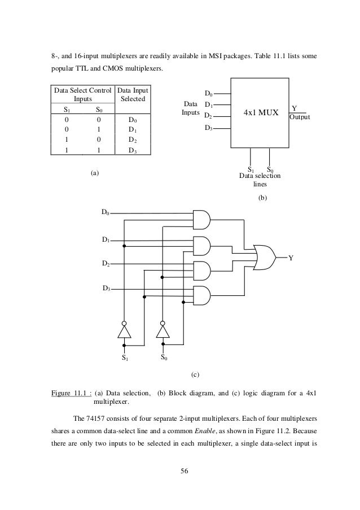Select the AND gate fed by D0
[x=201, y=219]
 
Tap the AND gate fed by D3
[x=201, y=294]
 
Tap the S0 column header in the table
[x=99, y=110]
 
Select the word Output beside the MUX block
[x=300, y=117]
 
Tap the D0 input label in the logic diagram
[x=105, y=212]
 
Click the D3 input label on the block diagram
[x=209, y=128]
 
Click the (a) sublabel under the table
[x=95, y=173]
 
